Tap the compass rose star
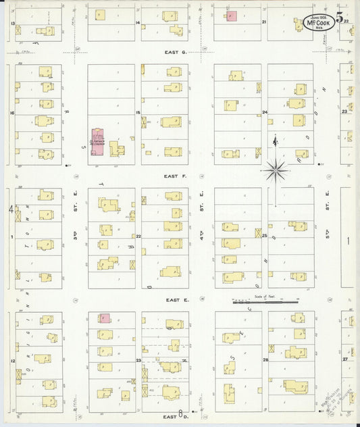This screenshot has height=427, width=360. [x=275, y=170]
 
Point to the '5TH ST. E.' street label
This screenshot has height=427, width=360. [x=328, y=203]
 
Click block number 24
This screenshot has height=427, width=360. [x=265, y=112]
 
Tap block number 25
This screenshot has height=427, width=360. [x=265, y=236]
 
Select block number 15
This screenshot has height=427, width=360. [x=138, y=112]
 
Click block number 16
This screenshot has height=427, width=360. [x=12, y=113]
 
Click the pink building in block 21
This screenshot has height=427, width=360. [x=231, y=15]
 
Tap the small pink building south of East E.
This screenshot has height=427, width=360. [x=105, y=318]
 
